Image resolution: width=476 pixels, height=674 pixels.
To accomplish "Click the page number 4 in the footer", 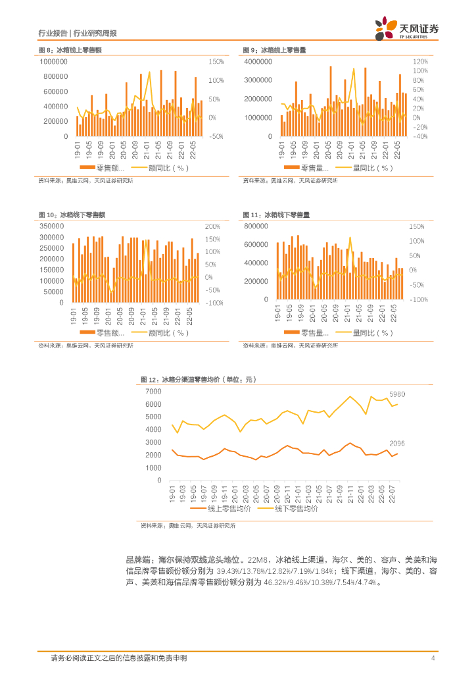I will [433, 659].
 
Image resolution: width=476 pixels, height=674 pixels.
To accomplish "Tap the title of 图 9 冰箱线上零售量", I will [274, 50].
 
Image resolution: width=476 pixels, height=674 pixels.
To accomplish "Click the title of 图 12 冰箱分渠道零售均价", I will [197, 380].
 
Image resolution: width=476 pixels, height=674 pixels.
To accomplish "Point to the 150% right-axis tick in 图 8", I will [216, 62].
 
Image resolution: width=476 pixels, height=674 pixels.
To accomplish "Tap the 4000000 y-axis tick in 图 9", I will [258, 62].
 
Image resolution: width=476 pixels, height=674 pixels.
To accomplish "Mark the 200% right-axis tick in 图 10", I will [214, 226].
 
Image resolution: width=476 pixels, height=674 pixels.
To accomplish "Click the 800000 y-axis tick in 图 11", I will [257, 226].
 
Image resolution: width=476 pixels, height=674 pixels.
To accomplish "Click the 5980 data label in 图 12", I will [398, 394].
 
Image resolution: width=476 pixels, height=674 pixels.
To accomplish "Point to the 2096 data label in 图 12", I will [398, 444].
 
